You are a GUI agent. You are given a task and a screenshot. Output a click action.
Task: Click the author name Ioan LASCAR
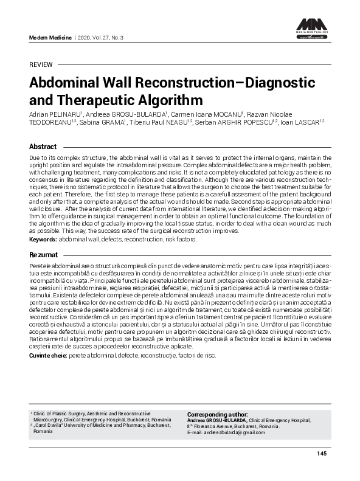302,122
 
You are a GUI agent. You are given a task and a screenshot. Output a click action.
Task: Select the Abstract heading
43,147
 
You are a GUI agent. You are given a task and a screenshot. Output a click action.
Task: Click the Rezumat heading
44,255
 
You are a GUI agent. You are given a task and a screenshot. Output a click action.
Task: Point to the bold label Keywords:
43,240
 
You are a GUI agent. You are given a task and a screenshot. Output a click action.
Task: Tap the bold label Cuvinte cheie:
49,355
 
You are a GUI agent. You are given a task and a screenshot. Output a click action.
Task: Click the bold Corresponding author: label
217,414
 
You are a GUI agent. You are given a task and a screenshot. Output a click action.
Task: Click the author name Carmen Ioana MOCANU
197,114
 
